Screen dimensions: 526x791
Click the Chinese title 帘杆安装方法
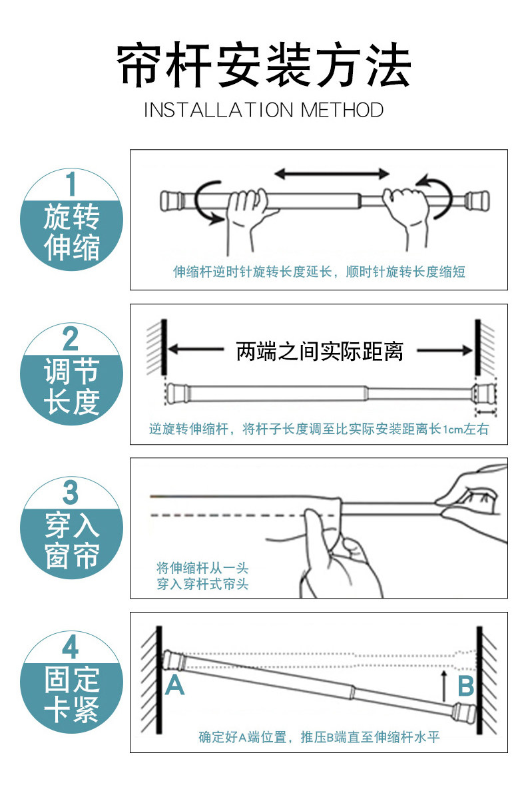(264, 65)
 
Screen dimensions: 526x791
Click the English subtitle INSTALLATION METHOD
(264, 110)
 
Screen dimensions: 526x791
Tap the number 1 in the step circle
(71, 184)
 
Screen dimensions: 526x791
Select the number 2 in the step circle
(71, 339)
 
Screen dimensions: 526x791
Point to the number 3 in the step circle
(71, 493)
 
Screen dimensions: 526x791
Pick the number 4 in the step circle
(71, 647)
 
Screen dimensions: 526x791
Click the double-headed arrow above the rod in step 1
(332, 174)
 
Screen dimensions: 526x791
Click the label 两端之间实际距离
(320, 351)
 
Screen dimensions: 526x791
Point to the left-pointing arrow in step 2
(196, 349)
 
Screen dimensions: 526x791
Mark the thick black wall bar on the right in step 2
(477, 347)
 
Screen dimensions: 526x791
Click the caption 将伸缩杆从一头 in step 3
(202, 568)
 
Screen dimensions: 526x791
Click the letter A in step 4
(174, 684)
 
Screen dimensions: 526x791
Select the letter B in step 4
(466, 686)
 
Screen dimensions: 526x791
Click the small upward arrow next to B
(444, 685)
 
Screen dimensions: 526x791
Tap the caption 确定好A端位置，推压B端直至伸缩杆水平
(319, 737)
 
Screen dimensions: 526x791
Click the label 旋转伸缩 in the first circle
(72, 232)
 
